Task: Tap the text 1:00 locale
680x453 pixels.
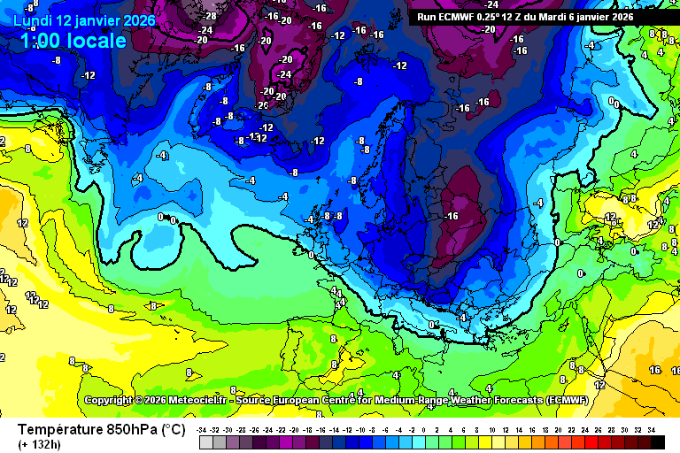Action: [73, 41]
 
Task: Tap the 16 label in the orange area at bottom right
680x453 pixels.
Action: [654, 370]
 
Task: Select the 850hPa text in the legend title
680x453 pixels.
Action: [133, 429]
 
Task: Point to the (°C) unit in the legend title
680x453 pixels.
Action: [174, 429]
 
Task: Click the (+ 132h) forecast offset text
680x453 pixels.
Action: [40, 443]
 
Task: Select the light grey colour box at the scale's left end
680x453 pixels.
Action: [205, 441]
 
